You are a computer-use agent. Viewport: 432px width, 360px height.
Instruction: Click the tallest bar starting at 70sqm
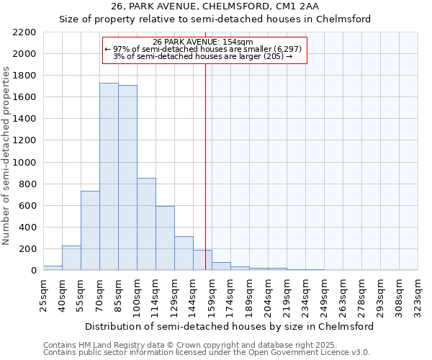pyautogui.click(x=109, y=176)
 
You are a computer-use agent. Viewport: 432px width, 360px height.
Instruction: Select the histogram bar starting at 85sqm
pyautogui.click(x=127, y=177)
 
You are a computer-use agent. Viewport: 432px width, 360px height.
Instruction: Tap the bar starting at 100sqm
pyautogui.click(x=146, y=224)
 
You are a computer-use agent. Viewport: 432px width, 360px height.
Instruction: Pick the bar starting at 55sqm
pyautogui.click(x=90, y=230)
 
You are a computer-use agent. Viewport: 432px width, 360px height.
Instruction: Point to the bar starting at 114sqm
pyautogui.click(x=165, y=238)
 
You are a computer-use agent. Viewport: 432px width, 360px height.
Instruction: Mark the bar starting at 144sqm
pyautogui.click(x=202, y=260)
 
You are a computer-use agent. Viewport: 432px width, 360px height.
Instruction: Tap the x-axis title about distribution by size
pyautogui.click(x=230, y=326)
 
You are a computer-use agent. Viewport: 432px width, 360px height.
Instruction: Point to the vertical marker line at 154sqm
pyautogui.click(x=206, y=180)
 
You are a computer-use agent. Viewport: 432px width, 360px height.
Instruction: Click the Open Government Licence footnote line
pyautogui.click(x=206, y=352)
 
